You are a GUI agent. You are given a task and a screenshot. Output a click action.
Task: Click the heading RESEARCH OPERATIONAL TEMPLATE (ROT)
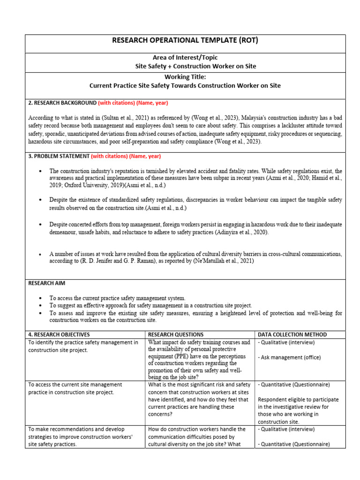pyautogui.click(x=185, y=41)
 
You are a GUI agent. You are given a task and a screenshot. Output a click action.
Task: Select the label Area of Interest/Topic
pyautogui.click(x=185, y=58)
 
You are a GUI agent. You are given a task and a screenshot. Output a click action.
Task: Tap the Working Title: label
pyautogui.click(x=185, y=77)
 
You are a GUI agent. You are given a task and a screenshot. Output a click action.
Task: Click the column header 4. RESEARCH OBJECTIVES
pyautogui.click(x=59, y=335)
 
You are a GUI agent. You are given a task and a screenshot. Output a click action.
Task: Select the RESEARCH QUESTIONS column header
pyautogui.click(x=176, y=335)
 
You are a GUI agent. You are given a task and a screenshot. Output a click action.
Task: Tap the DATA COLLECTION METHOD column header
pyautogui.click(x=292, y=335)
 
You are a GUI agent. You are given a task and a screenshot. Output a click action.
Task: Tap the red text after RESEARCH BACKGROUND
pyautogui.click(x=133, y=103)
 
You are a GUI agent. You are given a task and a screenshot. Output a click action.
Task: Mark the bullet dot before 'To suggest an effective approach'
pyautogui.click(x=41, y=306)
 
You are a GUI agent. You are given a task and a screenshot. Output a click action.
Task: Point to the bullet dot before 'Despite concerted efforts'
pyautogui.click(x=41, y=225)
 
